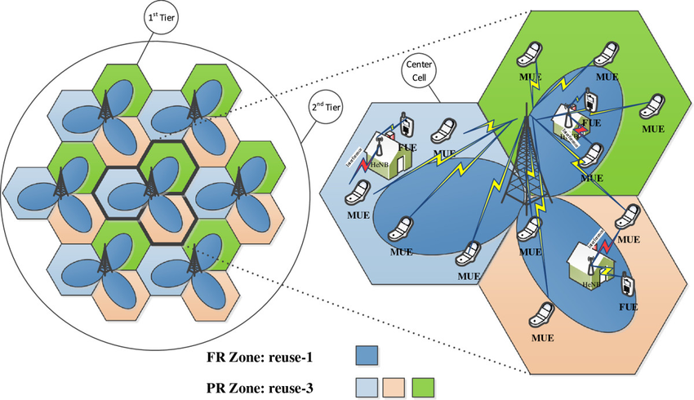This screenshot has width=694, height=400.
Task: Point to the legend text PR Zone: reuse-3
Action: pos(259,385)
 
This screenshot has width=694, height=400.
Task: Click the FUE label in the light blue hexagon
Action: pos(408,149)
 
